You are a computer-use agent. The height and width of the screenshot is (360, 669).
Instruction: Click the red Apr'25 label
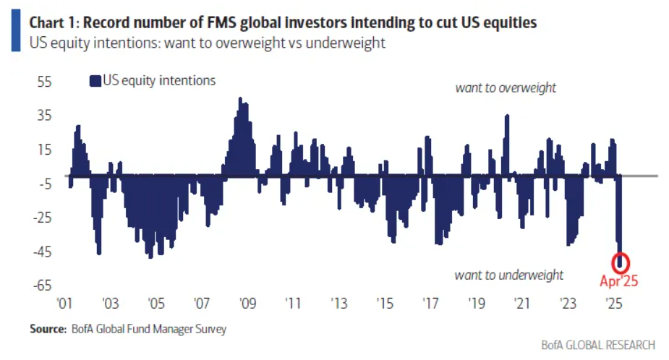pyautogui.click(x=619, y=281)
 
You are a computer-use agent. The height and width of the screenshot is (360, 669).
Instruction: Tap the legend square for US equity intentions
pyautogui.click(x=95, y=81)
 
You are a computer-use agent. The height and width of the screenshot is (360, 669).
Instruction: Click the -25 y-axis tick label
pyautogui.click(x=43, y=218)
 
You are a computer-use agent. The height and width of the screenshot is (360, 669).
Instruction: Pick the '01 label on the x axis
pyautogui.click(x=64, y=302)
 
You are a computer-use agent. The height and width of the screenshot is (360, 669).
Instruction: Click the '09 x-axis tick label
pyautogui.click(x=247, y=302)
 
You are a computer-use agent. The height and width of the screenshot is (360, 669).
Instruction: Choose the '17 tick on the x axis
pyautogui.click(x=431, y=302)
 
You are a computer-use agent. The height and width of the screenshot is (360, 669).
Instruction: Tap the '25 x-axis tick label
pyautogui.click(x=614, y=302)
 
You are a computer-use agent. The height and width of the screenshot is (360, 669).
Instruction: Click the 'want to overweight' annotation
pyautogui.click(x=506, y=87)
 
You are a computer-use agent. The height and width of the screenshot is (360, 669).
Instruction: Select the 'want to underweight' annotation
pyautogui.click(x=508, y=275)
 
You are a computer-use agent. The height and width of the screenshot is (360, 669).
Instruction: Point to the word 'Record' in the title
pyautogui.click(x=115, y=22)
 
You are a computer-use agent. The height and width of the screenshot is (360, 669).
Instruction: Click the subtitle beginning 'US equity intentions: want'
pyautogui.click(x=207, y=43)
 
